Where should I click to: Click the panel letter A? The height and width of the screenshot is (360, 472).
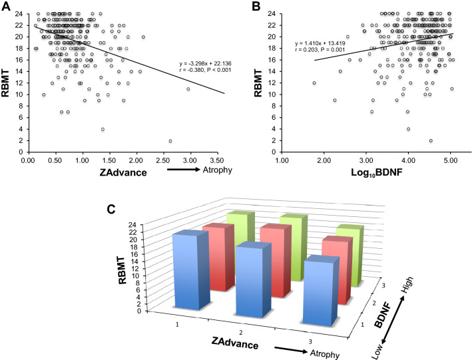[x=7, y=7]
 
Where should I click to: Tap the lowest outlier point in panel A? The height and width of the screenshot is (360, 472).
[x=170, y=141]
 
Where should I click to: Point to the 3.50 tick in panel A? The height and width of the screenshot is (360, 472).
[x=225, y=160]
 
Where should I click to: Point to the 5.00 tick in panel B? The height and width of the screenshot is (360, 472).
[x=450, y=160]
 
